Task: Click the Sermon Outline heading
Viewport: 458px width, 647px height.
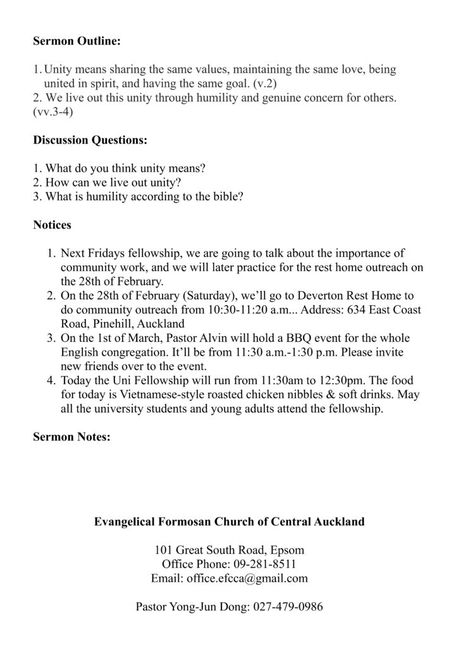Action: pyautogui.click(x=77, y=42)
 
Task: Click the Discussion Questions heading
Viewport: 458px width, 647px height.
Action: pyautogui.click(x=90, y=141)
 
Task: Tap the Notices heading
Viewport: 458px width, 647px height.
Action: pyautogui.click(x=52, y=224)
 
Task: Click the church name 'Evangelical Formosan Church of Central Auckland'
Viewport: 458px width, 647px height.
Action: pyautogui.click(x=229, y=522)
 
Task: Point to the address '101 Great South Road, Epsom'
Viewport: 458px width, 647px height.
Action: pyautogui.click(x=229, y=550)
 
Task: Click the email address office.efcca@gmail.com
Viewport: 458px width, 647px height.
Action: pyautogui.click(x=247, y=577)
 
